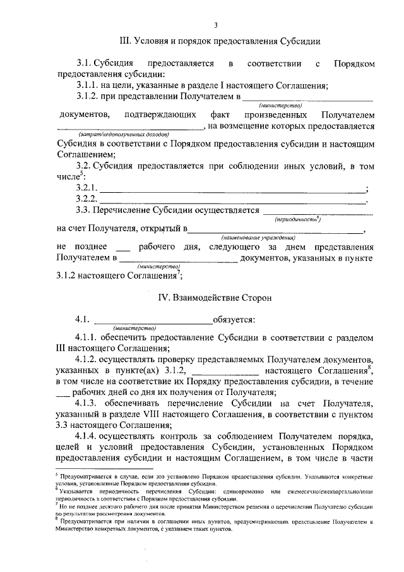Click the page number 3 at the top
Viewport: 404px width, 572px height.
(x=215, y=25)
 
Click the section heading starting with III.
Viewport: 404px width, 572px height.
(x=215, y=41)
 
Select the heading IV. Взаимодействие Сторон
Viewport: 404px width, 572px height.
(x=215, y=296)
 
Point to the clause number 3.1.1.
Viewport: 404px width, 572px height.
(x=88, y=87)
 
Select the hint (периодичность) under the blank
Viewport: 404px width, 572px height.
(x=298, y=219)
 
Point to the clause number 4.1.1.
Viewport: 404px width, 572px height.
(x=88, y=339)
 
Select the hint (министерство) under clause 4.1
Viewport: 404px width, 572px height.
(x=134, y=329)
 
